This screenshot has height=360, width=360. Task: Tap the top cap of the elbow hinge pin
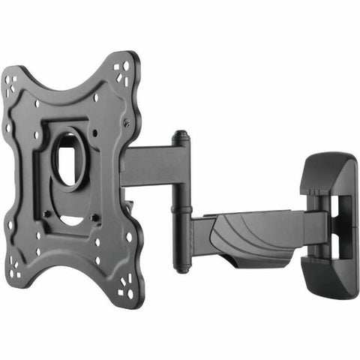(180, 137)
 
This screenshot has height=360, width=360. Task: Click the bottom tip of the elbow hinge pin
(181, 266)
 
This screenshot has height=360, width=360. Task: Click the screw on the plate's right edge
(126, 124)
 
